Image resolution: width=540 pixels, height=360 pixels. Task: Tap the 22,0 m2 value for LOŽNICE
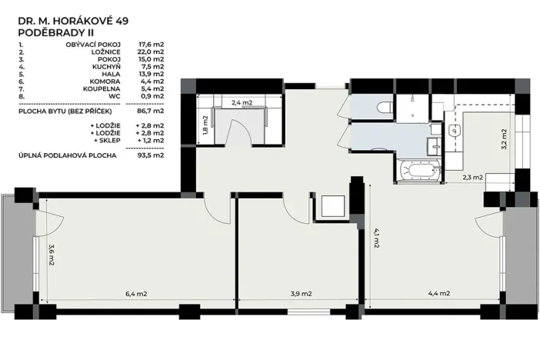pyautogui.click(x=151, y=52)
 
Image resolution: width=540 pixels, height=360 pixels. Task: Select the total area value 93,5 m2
pyautogui.click(x=151, y=155)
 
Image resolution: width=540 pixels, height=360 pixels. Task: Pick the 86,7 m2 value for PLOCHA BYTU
pyautogui.click(x=151, y=111)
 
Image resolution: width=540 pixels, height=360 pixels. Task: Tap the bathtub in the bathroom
pyautogui.click(x=420, y=168)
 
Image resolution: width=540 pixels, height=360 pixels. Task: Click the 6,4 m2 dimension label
pyautogui.click(x=137, y=293)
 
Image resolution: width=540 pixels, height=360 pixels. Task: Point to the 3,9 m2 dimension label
pyautogui.click(x=301, y=293)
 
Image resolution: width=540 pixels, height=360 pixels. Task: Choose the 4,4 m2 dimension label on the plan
pyautogui.click(x=438, y=293)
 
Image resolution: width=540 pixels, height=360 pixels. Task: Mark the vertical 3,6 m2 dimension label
pyautogui.click(x=51, y=254)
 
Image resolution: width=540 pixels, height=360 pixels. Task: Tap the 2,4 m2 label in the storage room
pyautogui.click(x=242, y=102)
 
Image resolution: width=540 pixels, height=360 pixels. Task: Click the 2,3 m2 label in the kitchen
pyautogui.click(x=472, y=178)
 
